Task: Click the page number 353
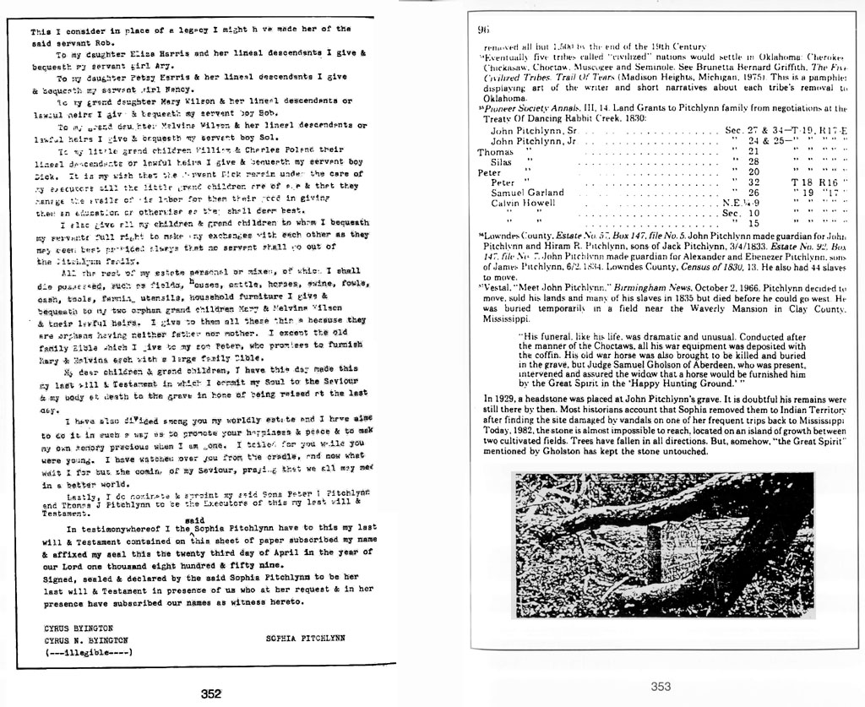tap(661, 687)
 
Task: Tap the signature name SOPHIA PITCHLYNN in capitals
tap(305, 639)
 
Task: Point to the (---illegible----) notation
tap(89, 651)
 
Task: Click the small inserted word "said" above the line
tap(194, 519)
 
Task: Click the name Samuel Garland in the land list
tap(527, 193)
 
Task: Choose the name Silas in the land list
tap(501, 161)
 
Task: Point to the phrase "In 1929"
tap(503, 398)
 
